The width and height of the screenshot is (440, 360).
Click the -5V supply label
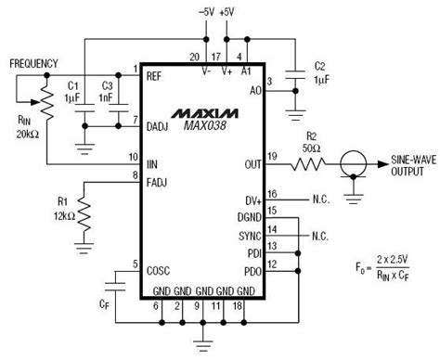206,10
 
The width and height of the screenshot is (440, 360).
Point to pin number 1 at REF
135,70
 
